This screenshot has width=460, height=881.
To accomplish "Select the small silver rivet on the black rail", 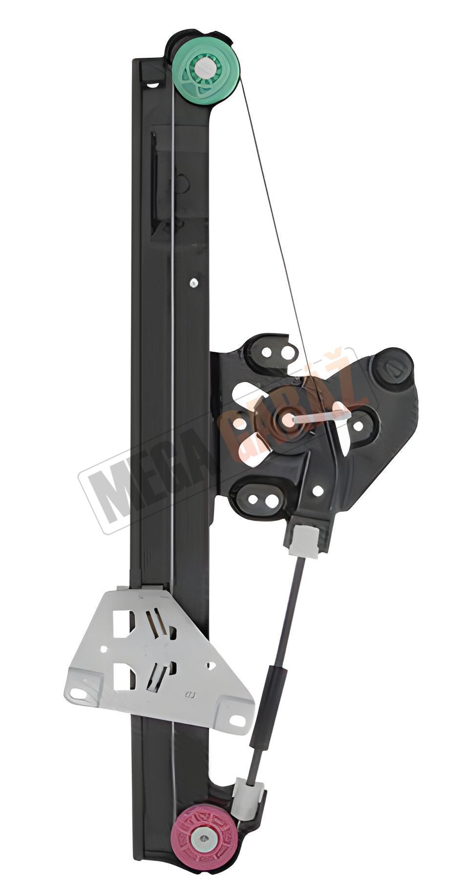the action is (194, 282).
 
